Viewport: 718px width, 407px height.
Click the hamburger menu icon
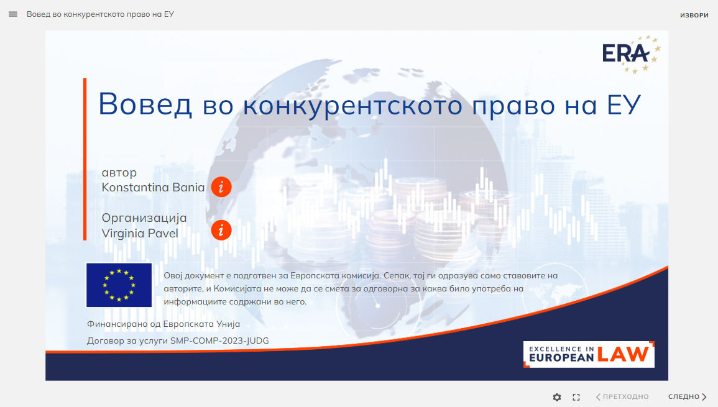click(x=13, y=14)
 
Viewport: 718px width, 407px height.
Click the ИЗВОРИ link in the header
click(x=694, y=15)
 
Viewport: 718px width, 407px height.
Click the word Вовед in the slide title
click(x=145, y=104)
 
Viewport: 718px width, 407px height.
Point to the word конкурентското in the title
click(x=352, y=105)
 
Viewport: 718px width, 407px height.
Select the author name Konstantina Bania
click(x=153, y=187)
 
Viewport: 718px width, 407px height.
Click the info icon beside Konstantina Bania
click(x=221, y=187)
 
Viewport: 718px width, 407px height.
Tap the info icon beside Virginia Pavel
click(x=221, y=231)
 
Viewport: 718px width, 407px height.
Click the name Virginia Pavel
click(x=140, y=234)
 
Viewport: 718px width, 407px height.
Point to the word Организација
click(x=144, y=218)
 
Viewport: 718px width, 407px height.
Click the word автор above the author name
click(x=119, y=173)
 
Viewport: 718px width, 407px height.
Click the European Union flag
click(x=119, y=285)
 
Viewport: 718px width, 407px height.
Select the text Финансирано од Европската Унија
click(x=163, y=324)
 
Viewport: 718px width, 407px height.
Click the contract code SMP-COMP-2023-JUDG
click(x=219, y=341)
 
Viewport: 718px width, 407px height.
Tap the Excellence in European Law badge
click(x=589, y=354)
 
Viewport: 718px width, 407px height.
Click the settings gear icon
click(x=557, y=398)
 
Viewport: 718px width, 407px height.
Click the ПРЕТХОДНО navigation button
click(x=622, y=397)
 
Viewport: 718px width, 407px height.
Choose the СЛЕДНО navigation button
click(x=688, y=397)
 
